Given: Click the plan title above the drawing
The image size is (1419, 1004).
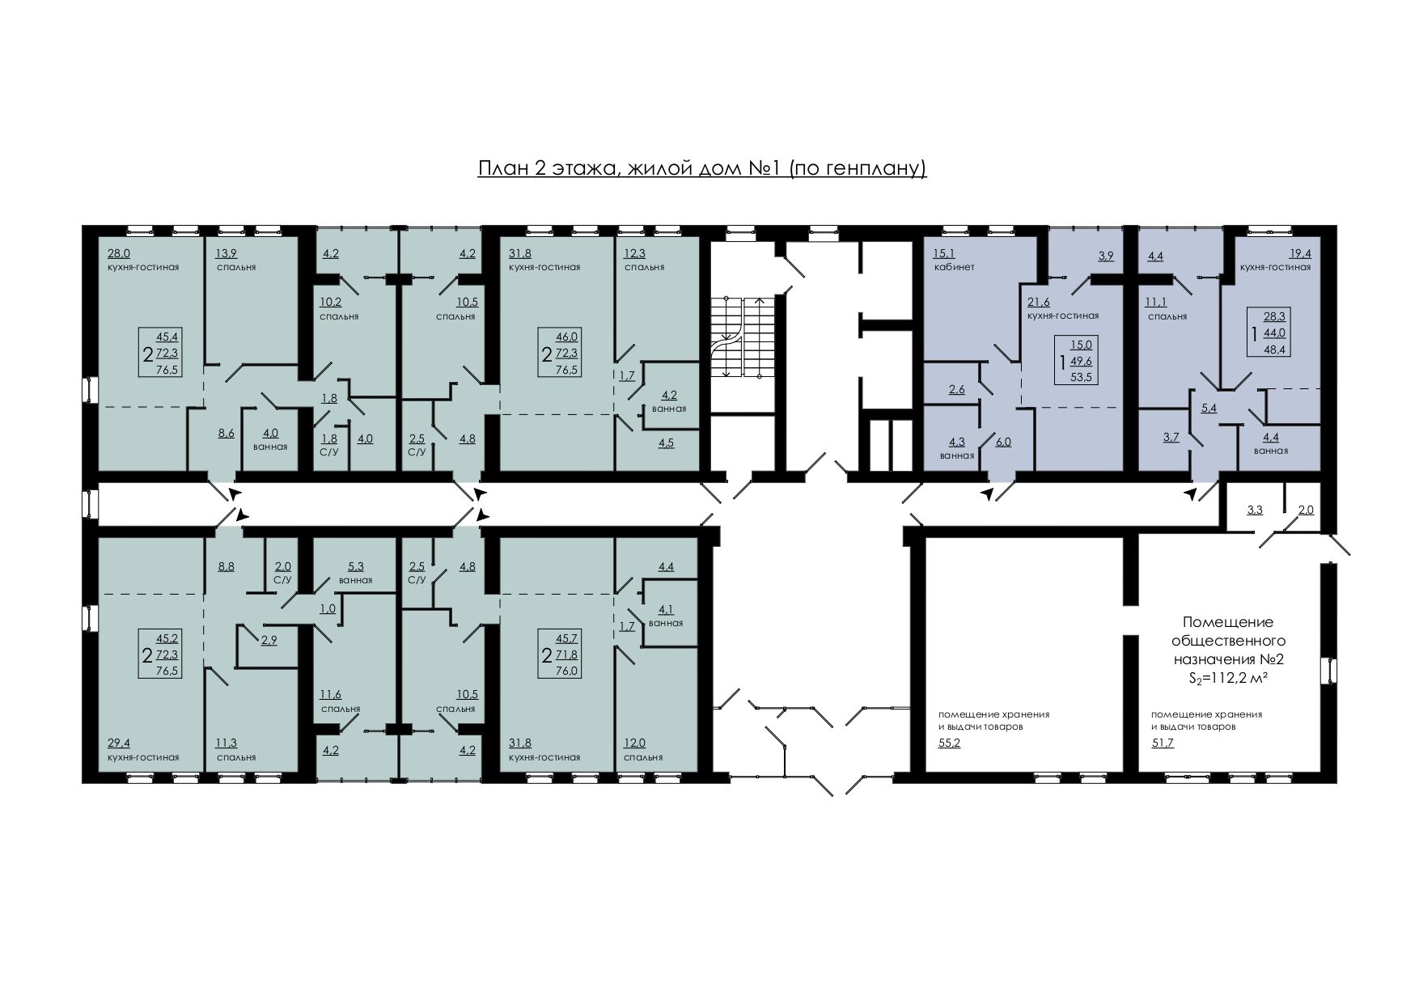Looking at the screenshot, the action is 702,168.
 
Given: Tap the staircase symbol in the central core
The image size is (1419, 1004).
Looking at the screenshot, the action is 743,337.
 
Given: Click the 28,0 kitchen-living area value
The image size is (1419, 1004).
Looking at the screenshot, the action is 118,253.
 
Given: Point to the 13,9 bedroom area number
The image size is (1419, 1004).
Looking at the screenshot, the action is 226,253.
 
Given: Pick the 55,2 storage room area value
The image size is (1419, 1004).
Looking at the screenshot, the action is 949,743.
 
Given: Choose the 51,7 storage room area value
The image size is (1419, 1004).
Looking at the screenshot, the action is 1163,743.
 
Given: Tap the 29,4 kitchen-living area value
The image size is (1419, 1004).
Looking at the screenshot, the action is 118,743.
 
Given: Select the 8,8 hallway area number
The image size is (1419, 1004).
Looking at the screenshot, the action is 226,566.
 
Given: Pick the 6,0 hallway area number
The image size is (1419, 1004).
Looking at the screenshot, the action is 1003,442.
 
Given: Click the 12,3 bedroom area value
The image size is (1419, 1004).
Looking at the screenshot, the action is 634,253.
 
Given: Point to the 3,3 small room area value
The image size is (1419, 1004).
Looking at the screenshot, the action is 1255,510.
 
